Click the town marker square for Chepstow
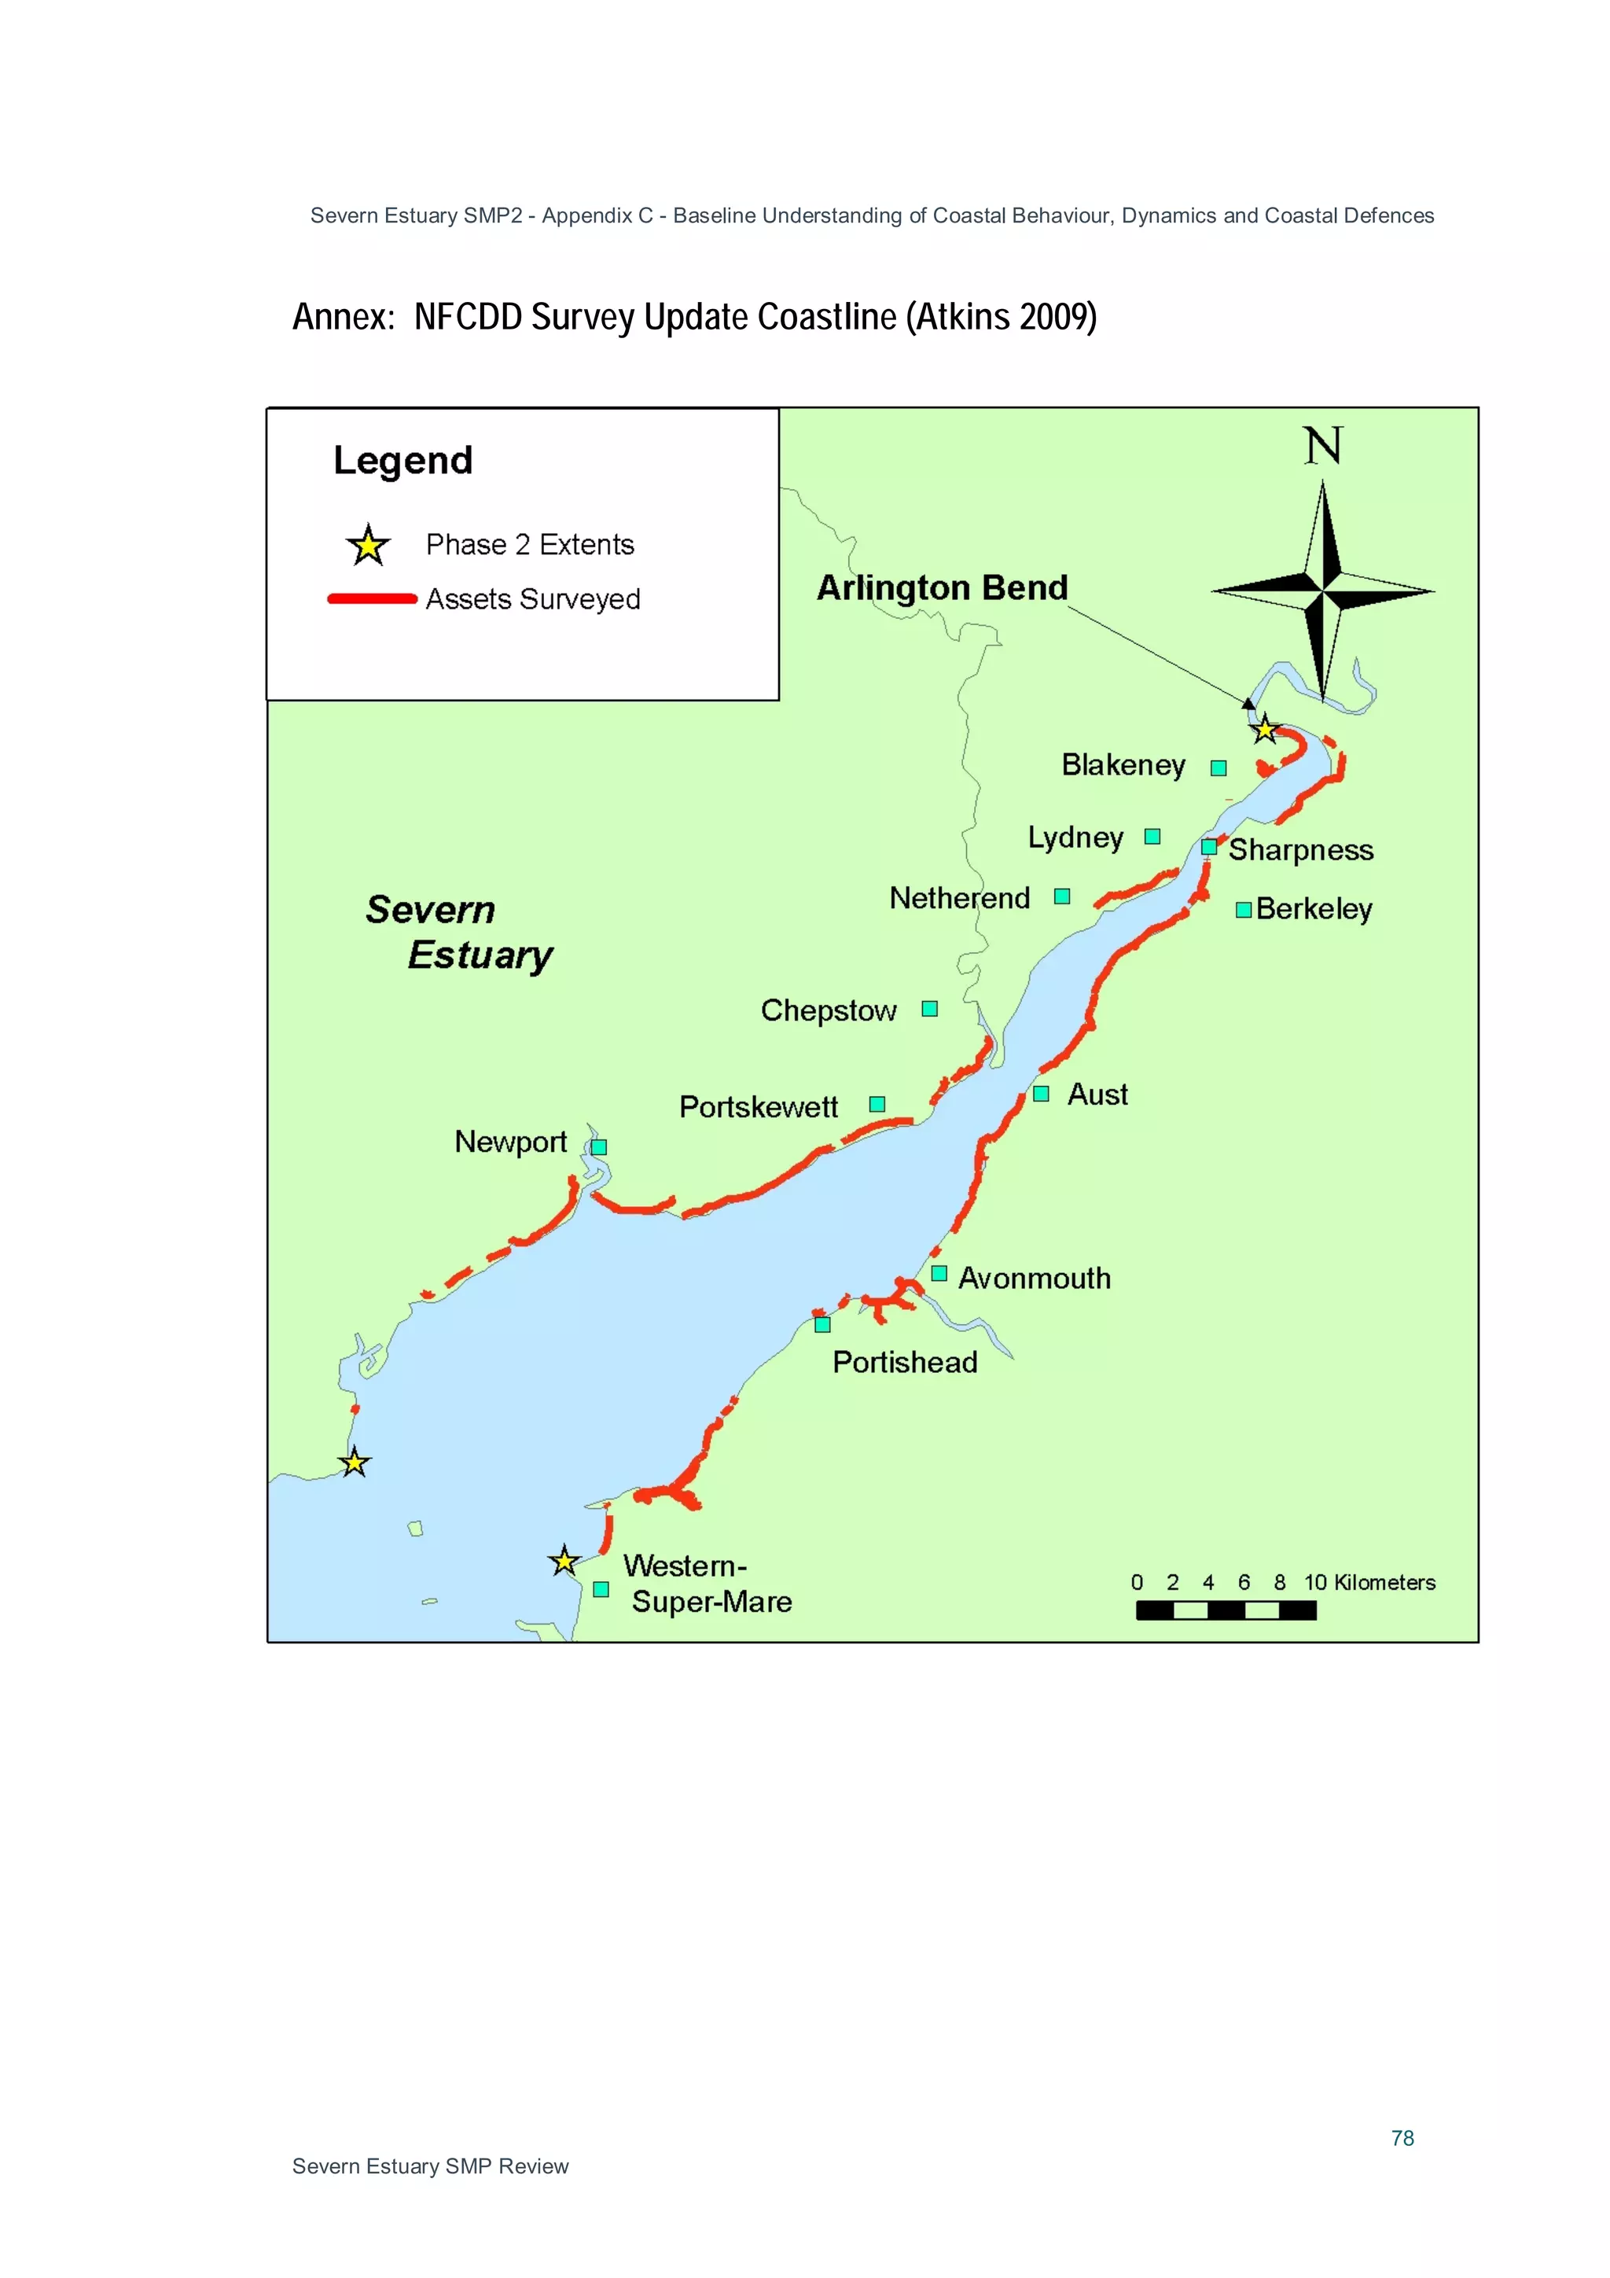pos(929,1009)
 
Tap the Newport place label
pos(510,1142)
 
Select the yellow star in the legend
pos(368,545)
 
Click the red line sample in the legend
pos(372,598)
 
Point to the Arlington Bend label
pos(942,587)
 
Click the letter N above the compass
pos(1322,447)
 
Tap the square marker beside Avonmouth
pos(939,1274)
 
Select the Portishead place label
pos(905,1362)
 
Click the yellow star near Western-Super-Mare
pos(564,1562)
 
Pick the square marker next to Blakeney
pos(1219,768)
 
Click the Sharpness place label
pos(1300,850)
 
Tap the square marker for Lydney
pos(1152,837)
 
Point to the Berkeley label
pos(1314,909)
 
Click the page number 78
pos(1402,2138)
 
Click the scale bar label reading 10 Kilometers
pos(1369,1583)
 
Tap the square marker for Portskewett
pos(877,1104)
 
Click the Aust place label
pos(1097,1095)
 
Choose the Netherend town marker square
pos(1061,897)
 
